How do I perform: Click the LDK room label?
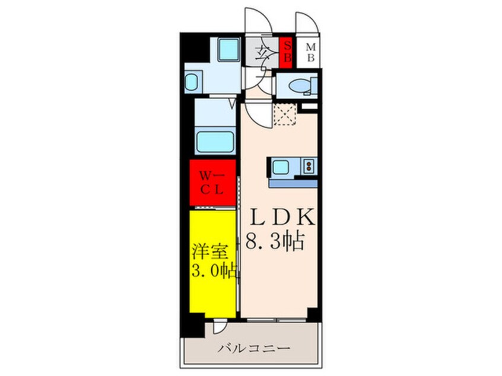point(282,218)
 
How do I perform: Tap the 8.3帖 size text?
point(275,241)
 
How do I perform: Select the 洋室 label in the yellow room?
point(210,252)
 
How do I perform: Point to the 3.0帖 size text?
point(214,272)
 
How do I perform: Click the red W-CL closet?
point(212,183)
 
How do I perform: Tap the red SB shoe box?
point(285,53)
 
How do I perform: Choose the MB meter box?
point(310,53)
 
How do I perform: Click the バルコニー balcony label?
point(254,348)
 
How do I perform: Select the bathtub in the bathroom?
point(215,142)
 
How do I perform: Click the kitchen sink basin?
point(281,167)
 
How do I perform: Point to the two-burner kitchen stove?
point(309,165)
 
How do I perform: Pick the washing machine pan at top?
point(228,50)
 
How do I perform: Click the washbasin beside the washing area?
point(192,82)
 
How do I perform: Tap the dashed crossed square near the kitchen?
point(285,114)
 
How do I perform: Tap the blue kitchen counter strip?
point(293,183)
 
